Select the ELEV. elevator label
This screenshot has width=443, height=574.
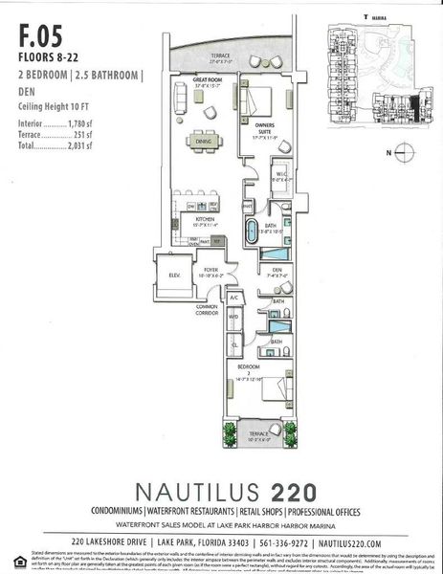point(176,276)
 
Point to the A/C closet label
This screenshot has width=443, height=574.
point(233,298)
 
